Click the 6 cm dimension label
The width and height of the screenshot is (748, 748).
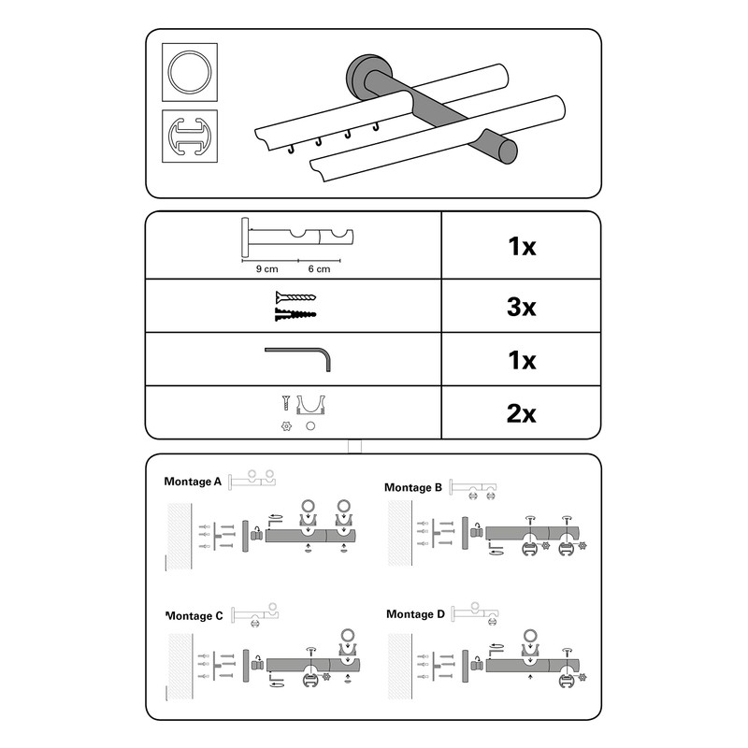(x=318, y=269)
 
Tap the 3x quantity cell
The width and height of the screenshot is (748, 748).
(x=521, y=306)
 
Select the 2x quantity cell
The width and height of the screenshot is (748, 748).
(x=521, y=412)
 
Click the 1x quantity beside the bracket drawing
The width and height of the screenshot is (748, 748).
(x=521, y=248)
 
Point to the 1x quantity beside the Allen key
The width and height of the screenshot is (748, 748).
(x=521, y=359)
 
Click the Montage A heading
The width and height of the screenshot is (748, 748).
(x=193, y=482)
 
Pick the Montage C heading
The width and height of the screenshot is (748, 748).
(x=194, y=616)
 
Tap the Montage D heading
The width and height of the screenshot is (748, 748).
(x=414, y=614)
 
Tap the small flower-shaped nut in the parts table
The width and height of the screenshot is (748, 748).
(x=283, y=427)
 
